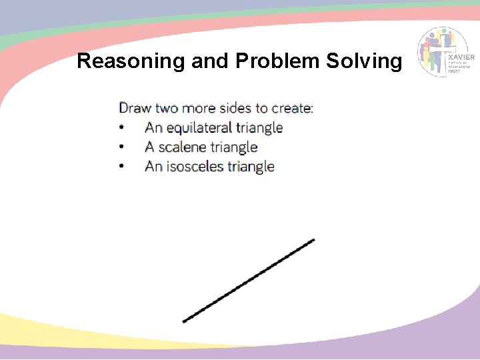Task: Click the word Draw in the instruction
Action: (x=135, y=108)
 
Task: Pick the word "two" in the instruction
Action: (x=167, y=108)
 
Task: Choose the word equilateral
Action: (x=199, y=127)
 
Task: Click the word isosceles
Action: (x=195, y=167)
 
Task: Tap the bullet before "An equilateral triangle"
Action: (x=121, y=127)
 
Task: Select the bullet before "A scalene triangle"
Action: (x=121, y=147)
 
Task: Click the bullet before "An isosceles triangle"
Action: (x=121, y=167)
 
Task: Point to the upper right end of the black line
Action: (x=313, y=240)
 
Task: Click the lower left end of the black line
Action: (x=185, y=321)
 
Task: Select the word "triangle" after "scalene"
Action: (x=234, y=147)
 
